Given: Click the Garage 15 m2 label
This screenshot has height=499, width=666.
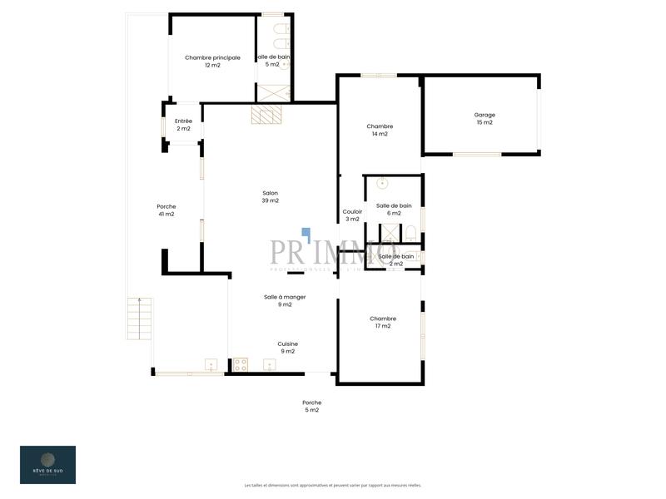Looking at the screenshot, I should click(x=484, y=119).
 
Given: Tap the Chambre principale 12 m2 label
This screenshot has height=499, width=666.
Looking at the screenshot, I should click(x=212, y=62).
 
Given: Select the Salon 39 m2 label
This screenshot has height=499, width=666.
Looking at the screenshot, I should click(x=270, y=197).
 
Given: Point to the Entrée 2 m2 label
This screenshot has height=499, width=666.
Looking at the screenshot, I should click(x=183, y=125).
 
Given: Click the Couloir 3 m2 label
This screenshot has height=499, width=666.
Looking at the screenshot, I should click(x=352, y=215).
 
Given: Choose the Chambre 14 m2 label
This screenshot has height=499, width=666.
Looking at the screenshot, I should click(x=380, y=130).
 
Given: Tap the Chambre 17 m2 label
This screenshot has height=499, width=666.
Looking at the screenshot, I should click(x=383, y=322).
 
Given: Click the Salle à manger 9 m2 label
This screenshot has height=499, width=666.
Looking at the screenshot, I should click(x=285, y=300).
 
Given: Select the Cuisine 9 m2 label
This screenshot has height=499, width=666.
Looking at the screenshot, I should click(x=287, y=347).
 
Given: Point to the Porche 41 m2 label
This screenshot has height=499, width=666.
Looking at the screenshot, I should click(x=166, y=210).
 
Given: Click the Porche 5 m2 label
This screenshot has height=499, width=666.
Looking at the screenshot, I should click(x=311, y=406).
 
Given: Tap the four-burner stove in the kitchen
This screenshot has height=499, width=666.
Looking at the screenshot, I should click(x=240, y=363).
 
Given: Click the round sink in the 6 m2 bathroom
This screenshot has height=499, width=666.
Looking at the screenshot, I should click(x=382, y=183).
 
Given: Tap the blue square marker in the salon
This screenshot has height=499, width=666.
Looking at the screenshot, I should click(x=306, y=232).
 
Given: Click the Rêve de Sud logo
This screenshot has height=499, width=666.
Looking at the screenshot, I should click(x=47, y=464).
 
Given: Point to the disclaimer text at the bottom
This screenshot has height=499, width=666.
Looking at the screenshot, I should click(x=332, y=485).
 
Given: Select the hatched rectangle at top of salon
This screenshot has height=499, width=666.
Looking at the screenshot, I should click(x=268, y=114).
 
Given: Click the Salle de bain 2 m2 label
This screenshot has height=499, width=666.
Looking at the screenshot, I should click(x=395, y=259).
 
